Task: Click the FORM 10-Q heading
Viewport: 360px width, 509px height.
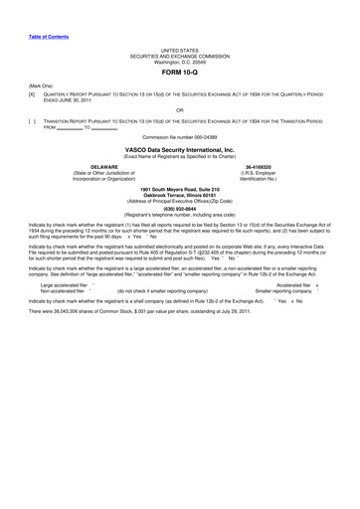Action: [x=179, y=74]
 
